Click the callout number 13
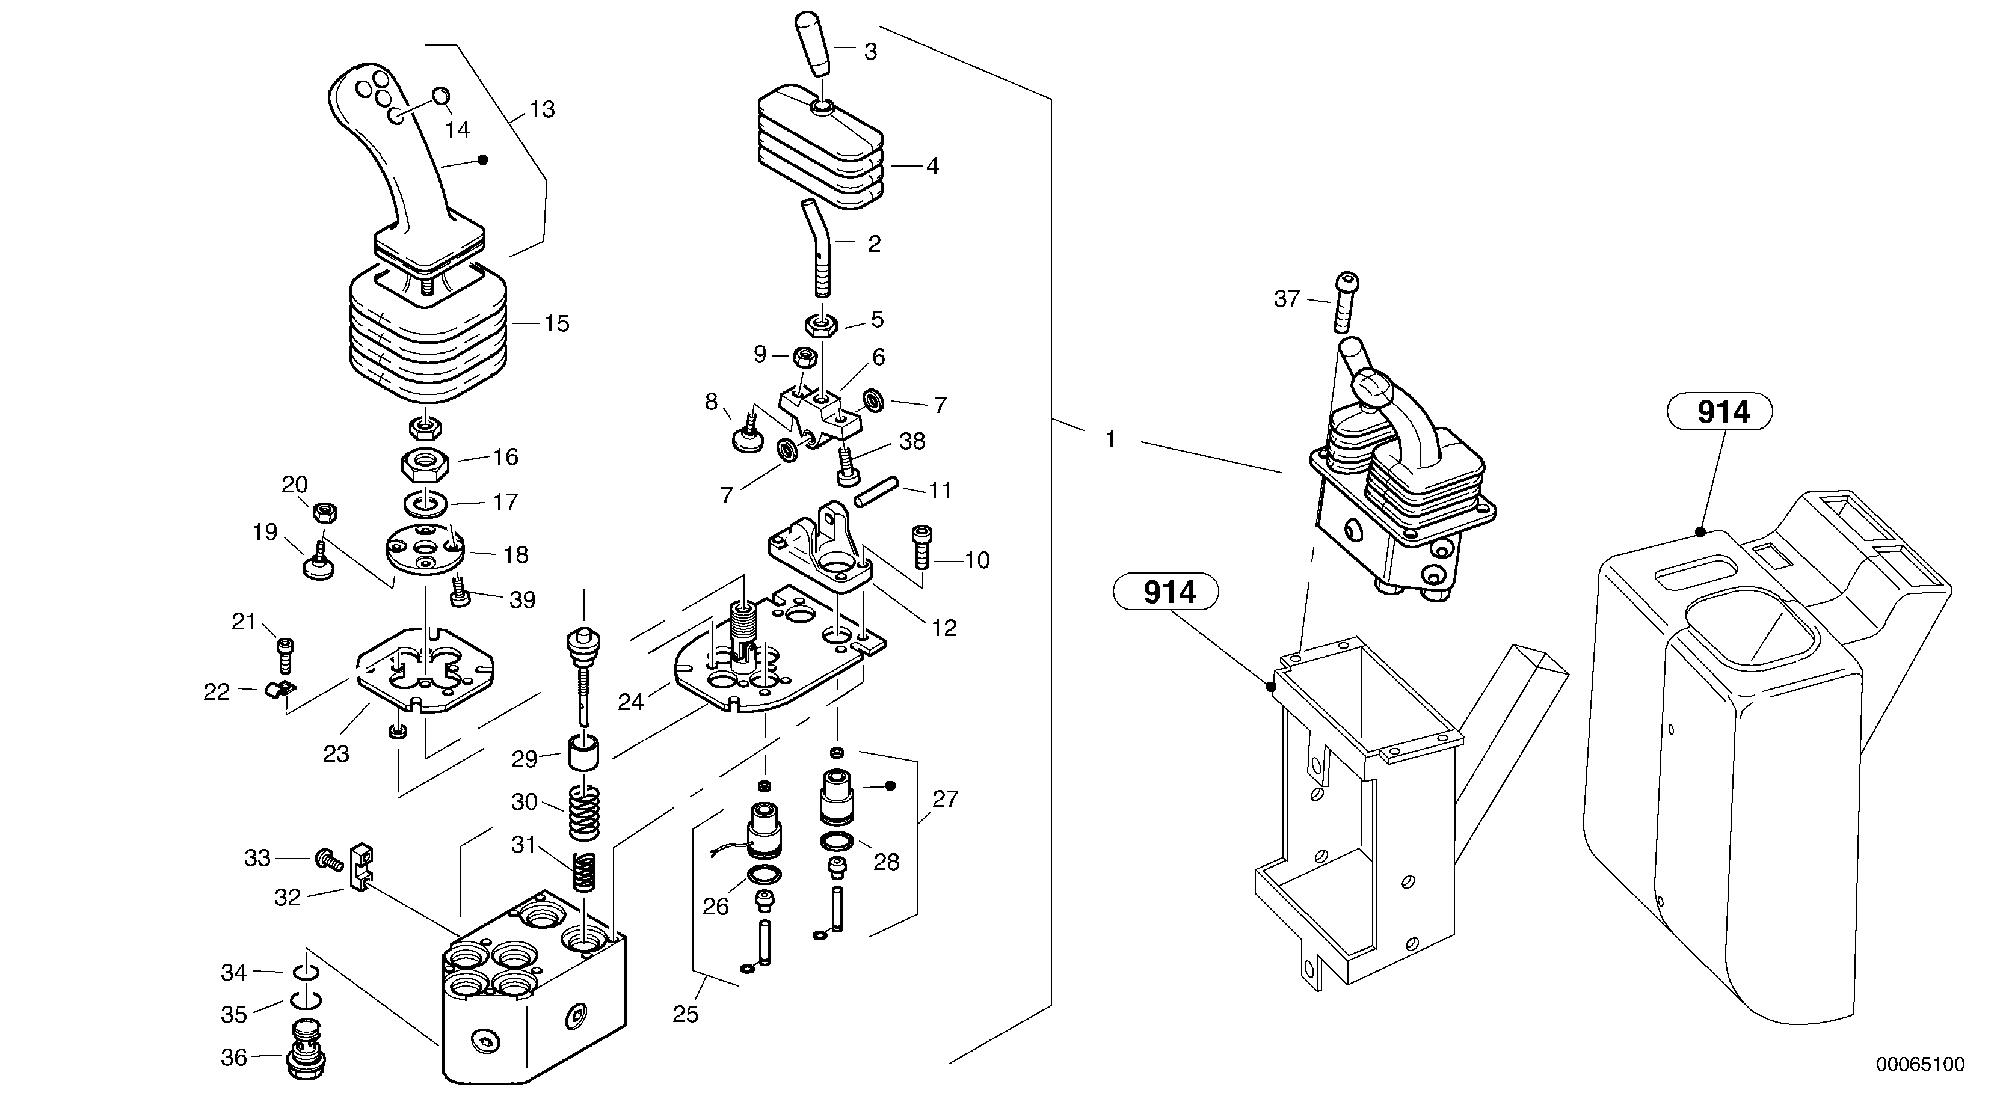pos(542,110)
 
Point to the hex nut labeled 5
pos(820,324)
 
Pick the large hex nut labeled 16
pos(423,465)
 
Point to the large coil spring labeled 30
pos(583,811)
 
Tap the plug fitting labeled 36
pos(306,1049)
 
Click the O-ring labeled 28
pos(836,842)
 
